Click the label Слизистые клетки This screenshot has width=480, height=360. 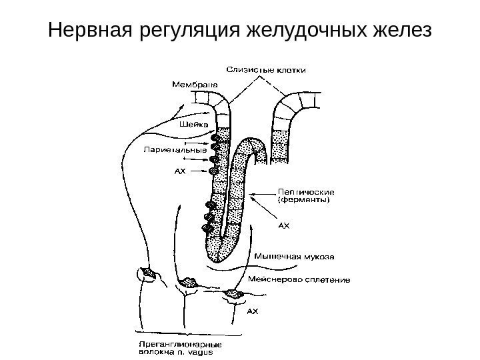pos(263,69)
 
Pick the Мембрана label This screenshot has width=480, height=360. pos(195,85)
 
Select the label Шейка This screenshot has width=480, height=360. pos(194,123)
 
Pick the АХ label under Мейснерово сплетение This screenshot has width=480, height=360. pos(253,310)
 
